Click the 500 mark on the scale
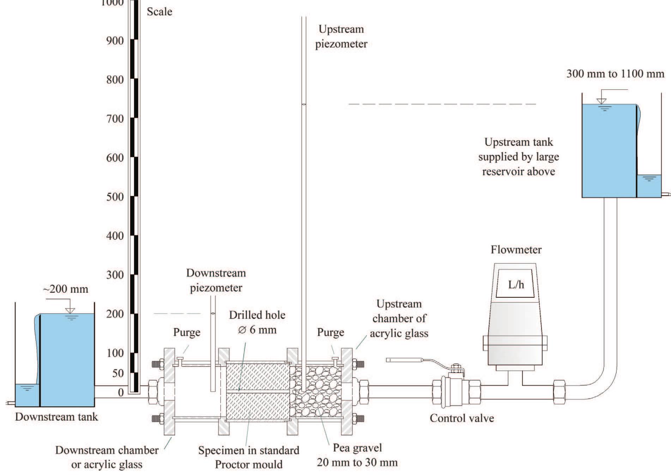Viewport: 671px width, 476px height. coord(115,197)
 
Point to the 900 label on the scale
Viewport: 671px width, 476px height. coord(115,41)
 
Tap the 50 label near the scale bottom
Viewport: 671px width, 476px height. coord(118,373)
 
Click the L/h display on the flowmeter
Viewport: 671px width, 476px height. coord(516,284)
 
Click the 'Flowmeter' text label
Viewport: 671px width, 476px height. coord(516,250)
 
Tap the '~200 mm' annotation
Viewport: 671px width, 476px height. coord(66,289)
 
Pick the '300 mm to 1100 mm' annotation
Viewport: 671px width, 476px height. coord(615,74)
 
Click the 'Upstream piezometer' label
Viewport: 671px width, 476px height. coord(341,36)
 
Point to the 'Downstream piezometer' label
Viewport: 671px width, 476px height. coord(216,280)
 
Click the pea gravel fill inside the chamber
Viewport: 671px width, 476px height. coord(316,392)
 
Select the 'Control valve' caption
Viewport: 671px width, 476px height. coord(461,418)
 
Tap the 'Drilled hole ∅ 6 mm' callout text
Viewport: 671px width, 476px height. coord(257,322)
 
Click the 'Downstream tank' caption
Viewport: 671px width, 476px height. coord(56,417)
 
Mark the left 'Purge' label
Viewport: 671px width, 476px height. coord(187,332)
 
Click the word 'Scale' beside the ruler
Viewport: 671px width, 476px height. coord(159,12)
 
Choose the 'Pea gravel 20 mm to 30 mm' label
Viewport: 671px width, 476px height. coord(357,455)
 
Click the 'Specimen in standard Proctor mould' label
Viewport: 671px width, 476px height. coord(248,457)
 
